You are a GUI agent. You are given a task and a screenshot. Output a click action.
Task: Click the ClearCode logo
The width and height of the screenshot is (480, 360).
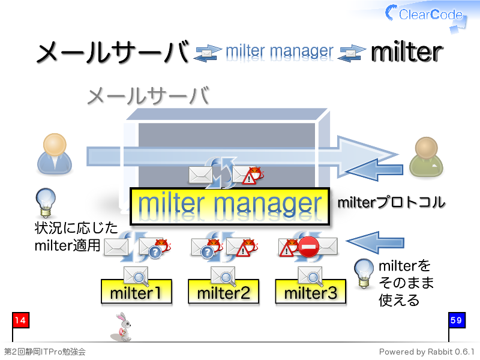click(x=425, y=16)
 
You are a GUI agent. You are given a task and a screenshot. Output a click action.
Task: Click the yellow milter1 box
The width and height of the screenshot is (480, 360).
click(x=136, y=292)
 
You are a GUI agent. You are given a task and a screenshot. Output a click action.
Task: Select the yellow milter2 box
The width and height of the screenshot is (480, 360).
click(x=223, y=292)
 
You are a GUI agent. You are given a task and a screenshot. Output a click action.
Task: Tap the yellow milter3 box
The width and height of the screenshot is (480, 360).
click(x=310, y=292)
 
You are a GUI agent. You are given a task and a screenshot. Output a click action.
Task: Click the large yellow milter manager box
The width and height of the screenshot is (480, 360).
click(x=230, y=206)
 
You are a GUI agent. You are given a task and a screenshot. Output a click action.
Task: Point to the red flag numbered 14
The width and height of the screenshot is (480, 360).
click(x=20, y=320)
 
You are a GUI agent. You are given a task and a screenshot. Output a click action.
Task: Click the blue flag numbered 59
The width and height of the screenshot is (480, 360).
click(x=457, y=320)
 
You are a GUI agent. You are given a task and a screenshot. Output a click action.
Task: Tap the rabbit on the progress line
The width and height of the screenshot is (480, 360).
click(x=122, y=327)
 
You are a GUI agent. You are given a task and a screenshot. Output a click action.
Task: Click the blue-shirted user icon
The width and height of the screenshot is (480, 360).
click(x=55, y=154)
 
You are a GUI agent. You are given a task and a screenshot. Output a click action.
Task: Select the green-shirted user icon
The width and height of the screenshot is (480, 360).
click(x=426, y=157)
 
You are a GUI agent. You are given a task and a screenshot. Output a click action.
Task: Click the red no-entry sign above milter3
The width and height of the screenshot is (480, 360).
click(x=308, y=247)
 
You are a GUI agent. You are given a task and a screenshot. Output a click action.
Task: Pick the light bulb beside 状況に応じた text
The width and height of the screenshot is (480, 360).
click(x=46, y=202)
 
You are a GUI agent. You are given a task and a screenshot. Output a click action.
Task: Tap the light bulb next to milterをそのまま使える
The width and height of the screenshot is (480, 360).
click(x=364, y=274)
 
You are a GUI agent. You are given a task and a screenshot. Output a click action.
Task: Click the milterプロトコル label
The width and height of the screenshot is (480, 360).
click(x=391, y=203)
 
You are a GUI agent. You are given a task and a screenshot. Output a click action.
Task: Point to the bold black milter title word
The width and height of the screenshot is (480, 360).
click(x=407, y=52)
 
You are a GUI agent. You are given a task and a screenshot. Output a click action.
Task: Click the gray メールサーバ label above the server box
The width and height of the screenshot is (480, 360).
click(x=148, y=96)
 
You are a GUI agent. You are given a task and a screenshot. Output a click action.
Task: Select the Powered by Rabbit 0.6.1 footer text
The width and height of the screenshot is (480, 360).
click(x=427, y=352)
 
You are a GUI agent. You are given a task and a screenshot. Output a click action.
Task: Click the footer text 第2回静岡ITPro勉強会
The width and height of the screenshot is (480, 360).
click(x=44, y=352)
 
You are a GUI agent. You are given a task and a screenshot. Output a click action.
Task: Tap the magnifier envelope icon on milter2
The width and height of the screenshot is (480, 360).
click(x=223, y=275)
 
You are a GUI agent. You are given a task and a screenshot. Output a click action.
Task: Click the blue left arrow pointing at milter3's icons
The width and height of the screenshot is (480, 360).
click(x=376, y=242)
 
